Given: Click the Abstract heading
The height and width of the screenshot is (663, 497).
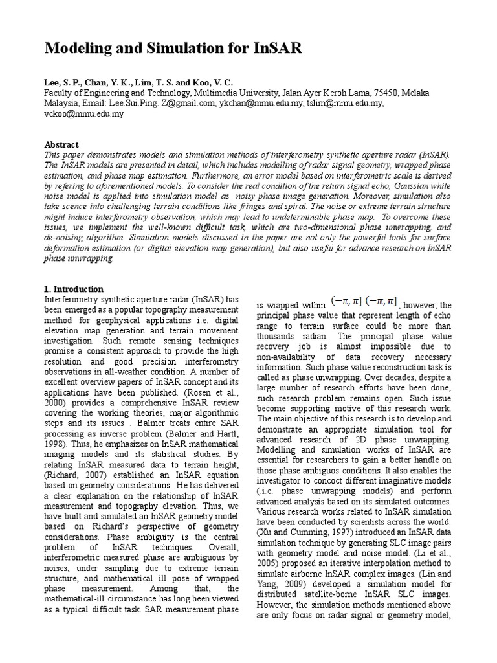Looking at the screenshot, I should click(61, 145).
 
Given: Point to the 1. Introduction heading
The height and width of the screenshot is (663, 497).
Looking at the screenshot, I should click(74, 289).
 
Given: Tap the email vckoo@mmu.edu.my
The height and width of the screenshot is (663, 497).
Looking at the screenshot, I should click(83, 113).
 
